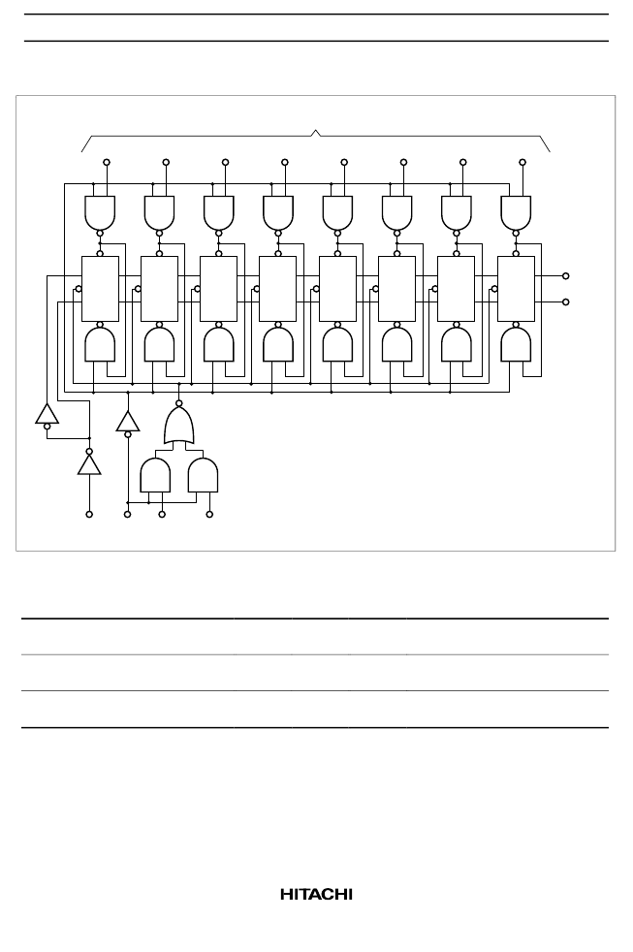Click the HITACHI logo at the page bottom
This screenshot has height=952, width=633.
coord(316,895)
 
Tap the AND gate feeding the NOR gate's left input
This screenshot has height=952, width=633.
coord(155,475)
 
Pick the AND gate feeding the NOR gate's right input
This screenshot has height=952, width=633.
coord(203,475)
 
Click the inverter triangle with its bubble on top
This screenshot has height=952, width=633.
coord(89,464)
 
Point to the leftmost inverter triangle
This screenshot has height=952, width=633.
coord(47,413)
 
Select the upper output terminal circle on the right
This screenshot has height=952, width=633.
coord(566,276)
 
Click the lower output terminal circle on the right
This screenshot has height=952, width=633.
coord(566,301)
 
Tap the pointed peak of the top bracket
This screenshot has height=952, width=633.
coord(316,130)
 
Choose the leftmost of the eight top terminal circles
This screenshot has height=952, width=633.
coord(107,162)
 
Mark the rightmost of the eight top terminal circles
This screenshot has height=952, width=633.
coord(522,162)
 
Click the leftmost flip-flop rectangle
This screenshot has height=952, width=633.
coord(100,288)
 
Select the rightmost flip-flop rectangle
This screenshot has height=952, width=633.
coord(516,288)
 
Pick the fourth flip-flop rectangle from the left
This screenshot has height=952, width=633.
coord(278,288)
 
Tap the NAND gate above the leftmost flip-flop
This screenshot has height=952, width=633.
coord(100,212)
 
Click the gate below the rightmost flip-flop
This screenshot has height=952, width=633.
coord(516,344)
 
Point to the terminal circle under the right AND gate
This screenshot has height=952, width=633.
coord(209,514)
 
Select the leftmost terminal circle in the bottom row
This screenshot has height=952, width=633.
coord(89,514)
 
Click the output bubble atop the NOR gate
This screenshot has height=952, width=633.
coord(179,403)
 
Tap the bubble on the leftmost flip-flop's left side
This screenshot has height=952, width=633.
coord(79,289)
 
